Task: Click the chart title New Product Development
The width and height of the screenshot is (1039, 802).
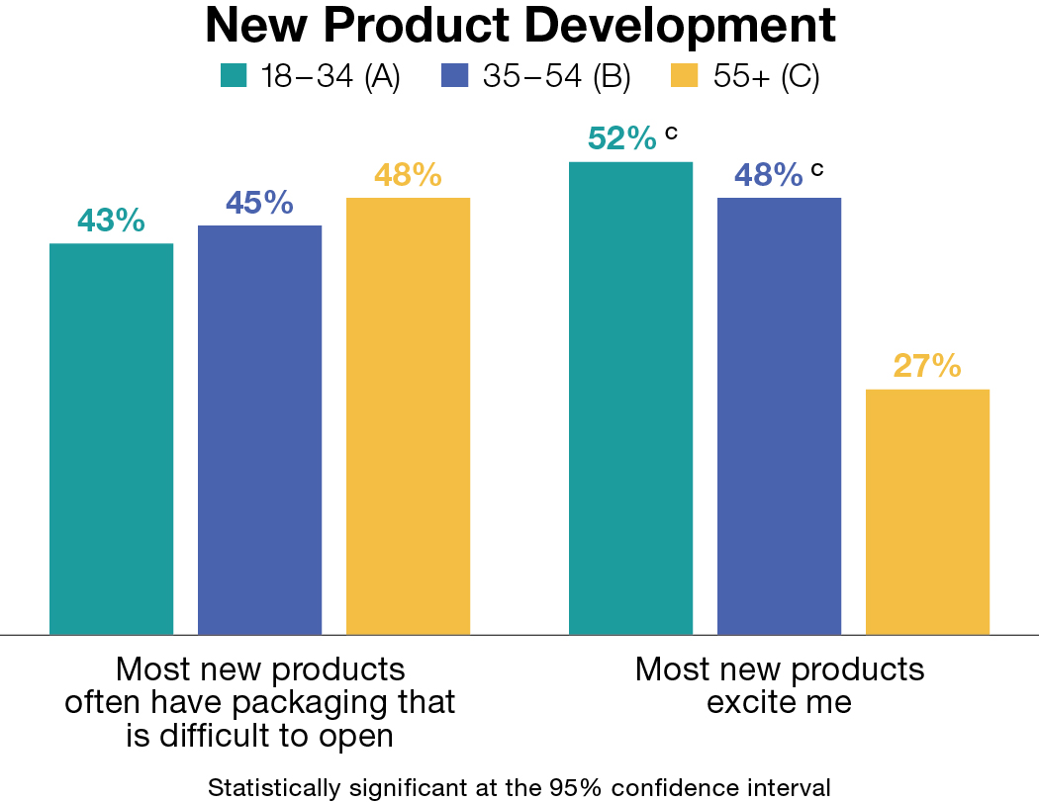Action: click(x=519, y=27)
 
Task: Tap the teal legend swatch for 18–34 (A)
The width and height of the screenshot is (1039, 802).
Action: click(x=234, y=77)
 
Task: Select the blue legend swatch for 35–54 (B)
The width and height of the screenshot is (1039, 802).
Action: click(x=455, y=77)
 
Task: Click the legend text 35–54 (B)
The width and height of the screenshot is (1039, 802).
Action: click(x=556, y=77)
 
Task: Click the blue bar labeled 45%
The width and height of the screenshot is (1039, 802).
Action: click(x=259, y=429)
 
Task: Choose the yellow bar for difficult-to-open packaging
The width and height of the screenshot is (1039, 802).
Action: click(x=408, y=415)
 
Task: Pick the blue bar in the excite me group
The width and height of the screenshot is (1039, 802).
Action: click(x=779, y=415)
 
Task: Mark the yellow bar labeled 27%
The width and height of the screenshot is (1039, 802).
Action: click(x=927, y=511)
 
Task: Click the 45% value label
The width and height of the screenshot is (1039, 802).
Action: click(x=259, y=203)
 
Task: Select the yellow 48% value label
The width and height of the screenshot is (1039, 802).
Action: click(x=408, y=175)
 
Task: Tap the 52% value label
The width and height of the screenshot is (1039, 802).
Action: click(x=621, y=139)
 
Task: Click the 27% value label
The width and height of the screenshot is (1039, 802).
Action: click(x=927, y=366)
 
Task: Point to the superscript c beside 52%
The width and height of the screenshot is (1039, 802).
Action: click(x=671, y=132)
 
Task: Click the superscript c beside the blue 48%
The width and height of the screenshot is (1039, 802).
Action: click(x=816, y=168)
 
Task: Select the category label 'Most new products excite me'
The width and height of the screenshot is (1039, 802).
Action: click(x=779, y=684)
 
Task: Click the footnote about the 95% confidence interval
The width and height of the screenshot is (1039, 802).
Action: click(x=519, y=788)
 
